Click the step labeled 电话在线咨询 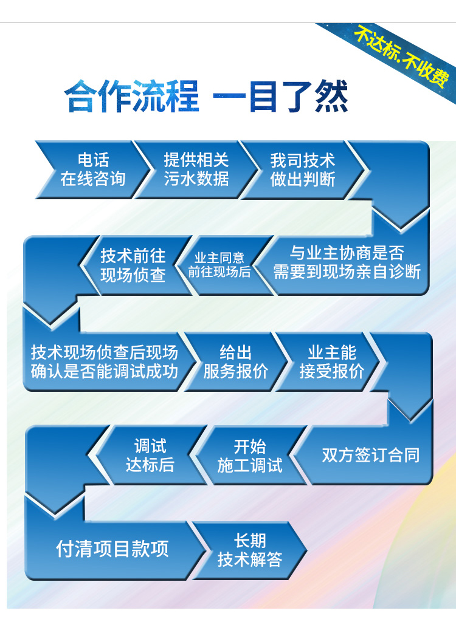coord(93,169)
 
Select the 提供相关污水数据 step coord(196,169)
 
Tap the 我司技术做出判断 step coord(303,169)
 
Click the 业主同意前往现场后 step coord(219,265)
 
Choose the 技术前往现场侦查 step coord(133,265)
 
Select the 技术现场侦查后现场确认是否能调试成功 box coord(105,361)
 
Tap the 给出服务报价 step coord(236,361)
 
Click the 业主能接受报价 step coord(332,361)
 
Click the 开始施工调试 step coord(250,455)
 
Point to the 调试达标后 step coord(150,455)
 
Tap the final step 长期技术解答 coord(250,550)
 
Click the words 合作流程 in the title coord(132,96)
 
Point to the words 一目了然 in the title coord(280,96)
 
